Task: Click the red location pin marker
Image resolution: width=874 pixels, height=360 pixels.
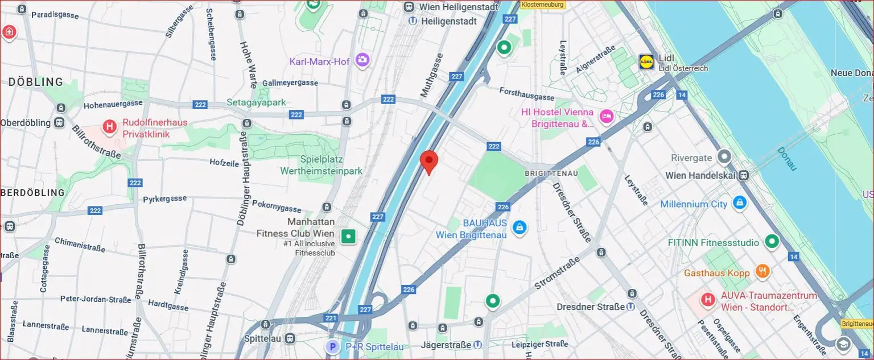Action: [429, 162]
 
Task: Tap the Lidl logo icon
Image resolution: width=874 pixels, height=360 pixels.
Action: [646, 61]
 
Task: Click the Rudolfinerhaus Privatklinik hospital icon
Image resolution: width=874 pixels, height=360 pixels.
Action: [109, 126]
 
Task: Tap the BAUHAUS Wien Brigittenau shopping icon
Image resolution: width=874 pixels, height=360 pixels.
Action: [518, 228]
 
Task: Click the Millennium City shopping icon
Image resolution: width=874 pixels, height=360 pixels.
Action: [739, 202]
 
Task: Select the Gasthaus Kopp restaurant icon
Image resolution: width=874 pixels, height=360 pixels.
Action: [762, 271]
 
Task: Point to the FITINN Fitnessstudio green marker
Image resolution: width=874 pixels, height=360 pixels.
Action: [772, 242]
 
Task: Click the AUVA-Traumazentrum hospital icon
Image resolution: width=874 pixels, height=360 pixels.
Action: [708, 299]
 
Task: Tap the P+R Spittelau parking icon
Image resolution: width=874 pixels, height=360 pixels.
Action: [332, 346]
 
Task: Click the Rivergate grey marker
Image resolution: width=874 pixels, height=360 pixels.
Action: [724, 156]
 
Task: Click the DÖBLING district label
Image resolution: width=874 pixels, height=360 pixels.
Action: [35, 82]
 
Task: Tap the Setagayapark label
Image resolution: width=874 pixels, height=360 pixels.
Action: [256, 102]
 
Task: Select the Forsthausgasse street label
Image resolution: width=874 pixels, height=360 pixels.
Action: [526, 94]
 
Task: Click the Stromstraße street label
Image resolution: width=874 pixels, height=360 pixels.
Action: [557, 275]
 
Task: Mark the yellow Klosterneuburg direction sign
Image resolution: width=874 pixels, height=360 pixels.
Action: [542, 5]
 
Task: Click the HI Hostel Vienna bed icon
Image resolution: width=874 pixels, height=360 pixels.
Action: [607, 117]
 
